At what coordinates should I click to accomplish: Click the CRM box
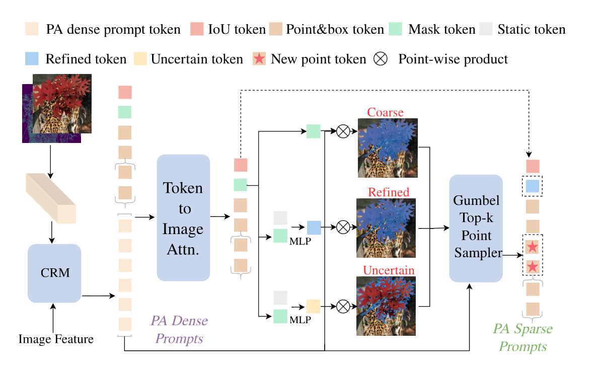[54, 273]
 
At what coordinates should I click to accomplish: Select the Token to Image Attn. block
[183, 217]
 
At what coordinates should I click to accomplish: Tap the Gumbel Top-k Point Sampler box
[476, 228]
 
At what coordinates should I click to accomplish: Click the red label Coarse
[385, 112]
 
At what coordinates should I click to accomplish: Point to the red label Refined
[389, 192]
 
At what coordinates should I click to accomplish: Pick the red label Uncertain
[389, 270]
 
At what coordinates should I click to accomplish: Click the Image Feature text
[56, 339]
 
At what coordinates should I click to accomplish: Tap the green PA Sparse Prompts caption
[522, 338]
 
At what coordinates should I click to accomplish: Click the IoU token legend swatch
[197, 30]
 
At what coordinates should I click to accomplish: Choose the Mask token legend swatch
[398, 30]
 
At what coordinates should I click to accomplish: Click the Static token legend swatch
[486, 30]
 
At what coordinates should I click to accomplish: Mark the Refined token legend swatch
[31, 59]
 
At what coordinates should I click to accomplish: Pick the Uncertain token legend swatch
[140, 59]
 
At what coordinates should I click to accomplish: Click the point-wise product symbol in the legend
[381, 59]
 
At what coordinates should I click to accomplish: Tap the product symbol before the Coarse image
[343, 132]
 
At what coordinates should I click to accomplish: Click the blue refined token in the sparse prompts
[533, 187]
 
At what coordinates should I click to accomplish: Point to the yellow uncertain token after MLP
[314, 306]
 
